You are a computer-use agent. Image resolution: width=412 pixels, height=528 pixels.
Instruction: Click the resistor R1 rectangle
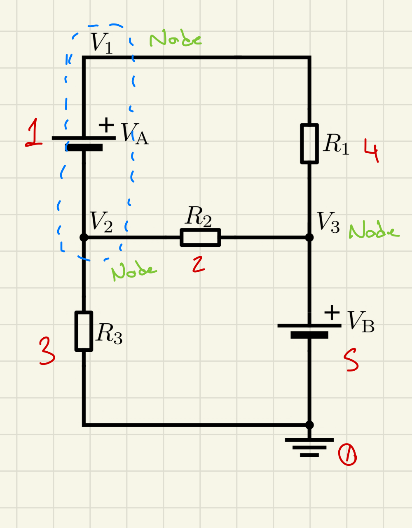[x=309, y=144]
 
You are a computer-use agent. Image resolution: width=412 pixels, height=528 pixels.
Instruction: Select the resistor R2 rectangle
[x=200, y=238]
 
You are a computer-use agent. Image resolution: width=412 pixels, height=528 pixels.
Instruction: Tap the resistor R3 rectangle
[x=84, y=331]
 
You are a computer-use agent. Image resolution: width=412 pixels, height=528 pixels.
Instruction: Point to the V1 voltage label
[x=101, y=43]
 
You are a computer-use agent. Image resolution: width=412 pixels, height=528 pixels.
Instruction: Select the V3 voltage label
[x=328, y=222]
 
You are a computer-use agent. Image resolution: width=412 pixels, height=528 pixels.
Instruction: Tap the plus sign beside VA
[x=106, y=124]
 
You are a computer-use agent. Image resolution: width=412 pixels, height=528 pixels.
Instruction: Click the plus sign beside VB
[x=332, y=313]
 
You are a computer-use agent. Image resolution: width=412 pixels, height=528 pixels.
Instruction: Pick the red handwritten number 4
[x=372, y=151]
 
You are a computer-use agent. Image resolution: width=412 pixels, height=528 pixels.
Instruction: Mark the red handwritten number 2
[x=198, y=264]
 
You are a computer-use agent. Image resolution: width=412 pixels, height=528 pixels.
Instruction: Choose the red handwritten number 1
[x=34, y=133]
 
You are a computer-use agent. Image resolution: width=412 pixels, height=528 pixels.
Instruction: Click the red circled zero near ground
[x=347, y=456]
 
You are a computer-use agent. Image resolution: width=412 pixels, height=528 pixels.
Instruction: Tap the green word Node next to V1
[x=175, y=39]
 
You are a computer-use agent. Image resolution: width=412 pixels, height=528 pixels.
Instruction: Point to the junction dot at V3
[x=309, y=237]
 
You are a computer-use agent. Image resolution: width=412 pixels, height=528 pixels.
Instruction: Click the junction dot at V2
[x=84, y=237]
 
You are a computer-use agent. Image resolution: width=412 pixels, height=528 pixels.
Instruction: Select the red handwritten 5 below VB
[x=351, y=361]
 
